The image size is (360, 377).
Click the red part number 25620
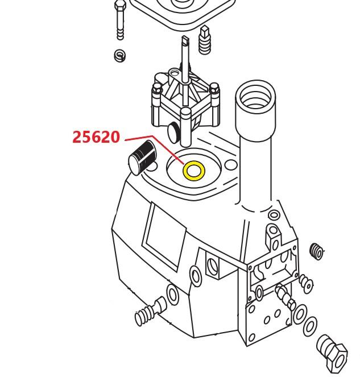96,137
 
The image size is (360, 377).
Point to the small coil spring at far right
316,251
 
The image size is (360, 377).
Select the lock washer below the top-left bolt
119,56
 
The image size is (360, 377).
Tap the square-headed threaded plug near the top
205,40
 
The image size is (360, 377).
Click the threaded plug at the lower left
150,312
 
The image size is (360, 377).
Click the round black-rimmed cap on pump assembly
173,132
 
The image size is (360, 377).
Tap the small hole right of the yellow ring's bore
231,165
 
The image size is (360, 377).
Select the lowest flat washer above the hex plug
310,327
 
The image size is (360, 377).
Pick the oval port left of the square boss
196,276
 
